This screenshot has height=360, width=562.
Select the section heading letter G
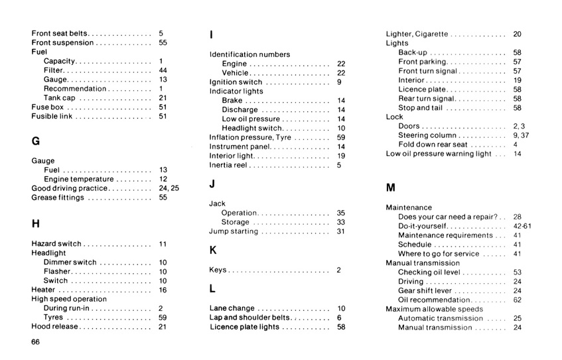[x=36, y=141]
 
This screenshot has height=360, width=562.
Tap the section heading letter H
[x=36, y=223]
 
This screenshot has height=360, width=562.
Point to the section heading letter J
[x=212, y=184]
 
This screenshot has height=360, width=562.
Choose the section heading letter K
[x=212, y=250]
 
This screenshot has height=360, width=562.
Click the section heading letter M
[x=390, y=188]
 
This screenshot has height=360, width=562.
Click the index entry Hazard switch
[x=56, y=244]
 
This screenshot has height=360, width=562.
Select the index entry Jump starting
[x=234, y=232]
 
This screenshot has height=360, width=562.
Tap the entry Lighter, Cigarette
[x=417, y=34]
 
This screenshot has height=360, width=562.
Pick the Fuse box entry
[x=47, y=107]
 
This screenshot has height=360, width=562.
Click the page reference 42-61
[x=518, y=226]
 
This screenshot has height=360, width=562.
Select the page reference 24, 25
[x=169, y=188]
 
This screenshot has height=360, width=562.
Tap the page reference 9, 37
[x=520, y=135]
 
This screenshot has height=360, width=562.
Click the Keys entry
[x=219, y=270]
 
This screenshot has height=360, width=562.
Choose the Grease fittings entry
[x=58, y=198]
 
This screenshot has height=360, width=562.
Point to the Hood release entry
[x=56, y=327]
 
